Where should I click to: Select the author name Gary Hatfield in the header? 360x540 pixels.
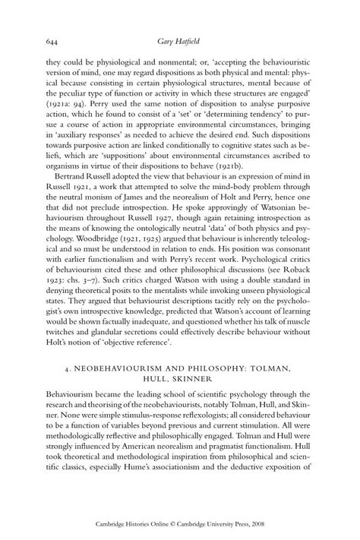[180, 43]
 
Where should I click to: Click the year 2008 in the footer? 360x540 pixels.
[287, 523]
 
